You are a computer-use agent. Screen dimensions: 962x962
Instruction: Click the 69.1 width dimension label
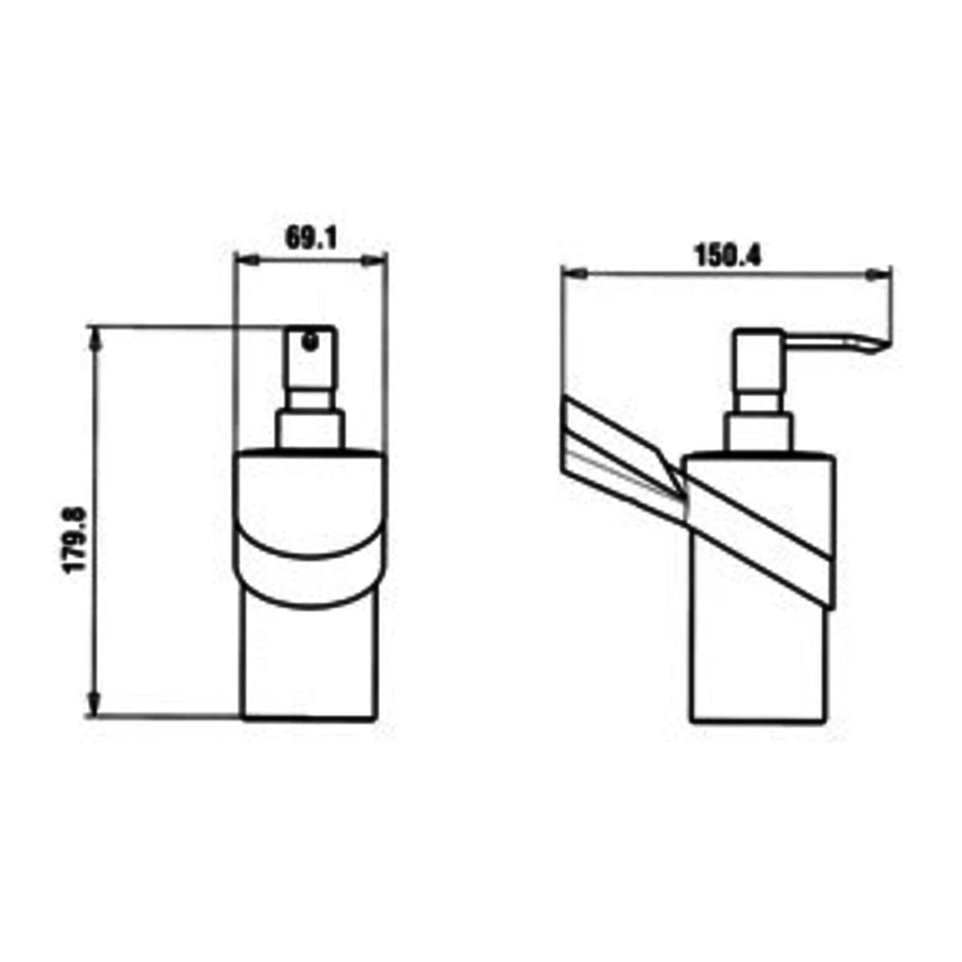[x=311, y=237]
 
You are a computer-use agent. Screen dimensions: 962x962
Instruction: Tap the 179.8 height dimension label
[x=76, y=539]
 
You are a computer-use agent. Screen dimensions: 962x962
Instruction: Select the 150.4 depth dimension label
[x=728, y=254]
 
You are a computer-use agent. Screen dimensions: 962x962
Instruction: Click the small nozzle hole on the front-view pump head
[x=310, y=339]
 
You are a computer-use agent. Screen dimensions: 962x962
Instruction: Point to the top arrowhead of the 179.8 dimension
[x=94, y=339]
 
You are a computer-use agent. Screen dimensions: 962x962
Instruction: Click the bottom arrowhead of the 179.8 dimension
[x=94, y=704]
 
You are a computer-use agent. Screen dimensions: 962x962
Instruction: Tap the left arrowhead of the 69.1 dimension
[x=246, y=260]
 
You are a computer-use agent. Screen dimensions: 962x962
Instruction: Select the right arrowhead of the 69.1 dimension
[x=375, y=260]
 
